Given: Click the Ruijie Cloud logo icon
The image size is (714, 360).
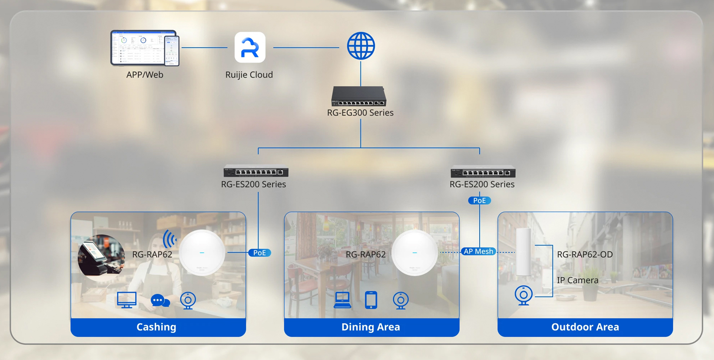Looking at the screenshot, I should click(250, 48).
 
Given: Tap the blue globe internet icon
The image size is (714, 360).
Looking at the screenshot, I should click(361, 47).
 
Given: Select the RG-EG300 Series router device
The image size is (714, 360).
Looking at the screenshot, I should click(359, 97).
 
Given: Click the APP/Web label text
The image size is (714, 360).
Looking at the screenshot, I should click(145, 75).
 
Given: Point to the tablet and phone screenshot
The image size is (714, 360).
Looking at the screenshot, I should click(145, 48).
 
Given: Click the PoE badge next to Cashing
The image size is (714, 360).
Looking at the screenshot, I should click(260, 253).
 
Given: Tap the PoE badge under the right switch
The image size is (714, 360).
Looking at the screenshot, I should click(479, 200).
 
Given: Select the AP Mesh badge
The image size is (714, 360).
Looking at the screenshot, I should click(478, 251).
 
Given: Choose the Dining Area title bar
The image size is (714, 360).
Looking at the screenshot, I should click(371, 327).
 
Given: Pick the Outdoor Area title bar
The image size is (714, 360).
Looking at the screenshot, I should click(585, 327).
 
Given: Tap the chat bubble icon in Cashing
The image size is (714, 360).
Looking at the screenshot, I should click(160, 301).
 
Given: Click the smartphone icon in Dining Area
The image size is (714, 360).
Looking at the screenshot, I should click(371, 300).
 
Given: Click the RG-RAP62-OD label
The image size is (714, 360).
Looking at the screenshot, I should click(584, 254).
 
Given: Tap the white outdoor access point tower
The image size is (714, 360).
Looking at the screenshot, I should click(523, 252).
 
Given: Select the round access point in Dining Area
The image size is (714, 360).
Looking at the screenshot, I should click(414, 253).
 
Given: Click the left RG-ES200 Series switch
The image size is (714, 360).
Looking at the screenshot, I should click(256, 172).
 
